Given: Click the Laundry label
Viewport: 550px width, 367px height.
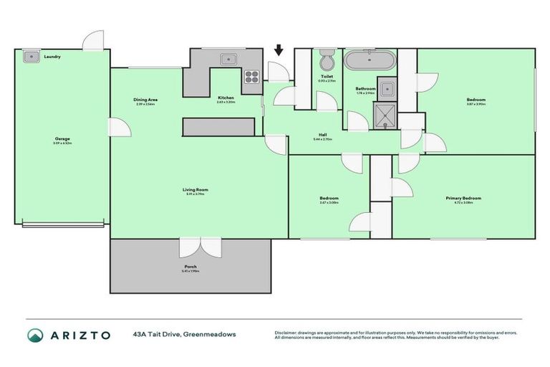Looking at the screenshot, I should [52, 56].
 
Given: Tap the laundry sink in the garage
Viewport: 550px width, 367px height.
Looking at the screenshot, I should [31, 56].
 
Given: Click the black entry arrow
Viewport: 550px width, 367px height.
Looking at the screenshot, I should [279, 51].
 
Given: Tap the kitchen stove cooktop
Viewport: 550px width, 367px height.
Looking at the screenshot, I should [252, 75].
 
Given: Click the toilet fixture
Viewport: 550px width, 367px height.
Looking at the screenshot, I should [327, 57].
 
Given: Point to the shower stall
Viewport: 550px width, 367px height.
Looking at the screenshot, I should [385, 113].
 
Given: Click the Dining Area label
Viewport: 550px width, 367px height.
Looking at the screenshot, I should [145, 100].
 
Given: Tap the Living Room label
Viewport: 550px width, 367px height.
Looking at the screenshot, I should [194, 190].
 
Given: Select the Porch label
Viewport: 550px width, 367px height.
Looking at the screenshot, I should [190, 267].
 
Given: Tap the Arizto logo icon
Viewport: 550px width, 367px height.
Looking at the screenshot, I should [36, 335].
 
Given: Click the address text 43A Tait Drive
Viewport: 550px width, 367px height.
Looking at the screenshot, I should [159, 334].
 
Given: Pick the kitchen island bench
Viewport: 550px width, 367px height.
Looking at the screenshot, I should [218, 126].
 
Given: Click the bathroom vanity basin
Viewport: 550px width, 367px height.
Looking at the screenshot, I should [386, 89].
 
